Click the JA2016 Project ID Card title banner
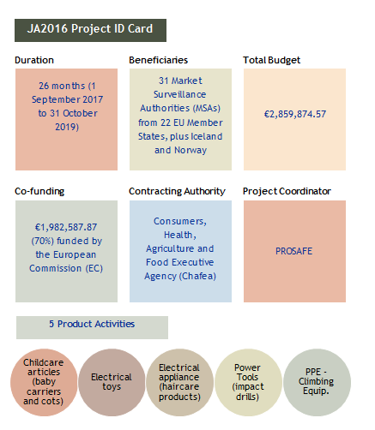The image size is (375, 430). click(x=90, y=30)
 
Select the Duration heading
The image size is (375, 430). click(x=34, y=60)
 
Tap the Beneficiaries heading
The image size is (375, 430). click(x=158, y=60)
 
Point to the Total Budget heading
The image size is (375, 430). click(x=271, y=60)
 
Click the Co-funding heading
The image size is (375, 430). click(x=39, y=191)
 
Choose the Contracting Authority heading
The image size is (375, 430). click(x=177, y=191)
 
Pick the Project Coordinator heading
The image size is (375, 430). click(x=287, y=191)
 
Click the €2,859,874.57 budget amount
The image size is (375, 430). click(x=295, y=114)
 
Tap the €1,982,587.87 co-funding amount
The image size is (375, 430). click(x=66, y=227)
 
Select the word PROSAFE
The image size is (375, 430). click(x=294, y=251)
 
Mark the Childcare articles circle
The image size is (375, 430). click(x=44, y=382)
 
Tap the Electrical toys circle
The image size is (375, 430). click(x=112, y=382)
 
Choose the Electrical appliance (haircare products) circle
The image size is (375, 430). click(x=179, y=382)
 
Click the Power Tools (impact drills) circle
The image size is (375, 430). click(x=248, y=382)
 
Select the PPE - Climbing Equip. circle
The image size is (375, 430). click(x=317, y=382)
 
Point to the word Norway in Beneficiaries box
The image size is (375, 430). click(x=191, y=150)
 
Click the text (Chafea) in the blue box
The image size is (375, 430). click(x=197, y=276)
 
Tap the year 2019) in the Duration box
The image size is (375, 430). click(x=67, y=127)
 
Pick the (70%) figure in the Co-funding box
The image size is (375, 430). click(x=42, y=241)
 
